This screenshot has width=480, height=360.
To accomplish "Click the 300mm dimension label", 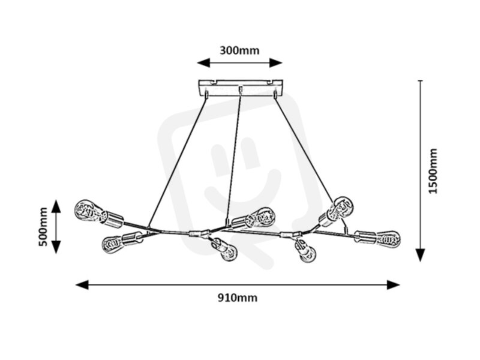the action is (x=239, y=50).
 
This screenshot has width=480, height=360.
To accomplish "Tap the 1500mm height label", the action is (x=433, y=171).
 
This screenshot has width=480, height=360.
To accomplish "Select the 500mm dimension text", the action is (x=43, y=227).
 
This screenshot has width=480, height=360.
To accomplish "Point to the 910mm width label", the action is (x=238, y=298).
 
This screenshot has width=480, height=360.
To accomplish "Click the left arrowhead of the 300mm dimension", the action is (x=203, y=63).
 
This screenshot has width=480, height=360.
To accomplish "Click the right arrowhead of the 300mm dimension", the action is (x=275, y=63).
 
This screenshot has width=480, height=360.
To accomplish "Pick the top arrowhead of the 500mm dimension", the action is (x=56, y=206).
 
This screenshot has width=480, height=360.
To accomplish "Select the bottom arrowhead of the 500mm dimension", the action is (x=56, y=247).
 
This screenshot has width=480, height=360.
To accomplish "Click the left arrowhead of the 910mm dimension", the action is (x=82, y=284).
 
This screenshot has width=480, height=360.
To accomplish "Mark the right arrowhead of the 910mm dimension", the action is (x=394, y=284).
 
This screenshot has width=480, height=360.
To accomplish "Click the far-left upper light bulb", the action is (x=89, y=211).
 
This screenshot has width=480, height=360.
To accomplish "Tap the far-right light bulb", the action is (x=388, y=239).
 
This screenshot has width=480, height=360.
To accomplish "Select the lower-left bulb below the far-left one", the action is (x=112, y=244).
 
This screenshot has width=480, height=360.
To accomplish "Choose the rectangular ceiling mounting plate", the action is (x=241, y=88).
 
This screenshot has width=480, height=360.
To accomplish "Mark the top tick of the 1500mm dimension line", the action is (x=421, y=80).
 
